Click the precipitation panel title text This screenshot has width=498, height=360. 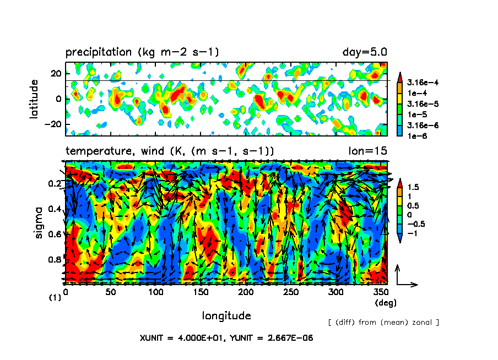tap(142, 52)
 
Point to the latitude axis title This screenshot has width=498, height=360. tap(34, 99)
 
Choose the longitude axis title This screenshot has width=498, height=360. tap(226, 315)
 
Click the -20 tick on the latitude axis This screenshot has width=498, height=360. tap(55, 124)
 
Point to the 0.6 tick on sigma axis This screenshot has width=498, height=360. tap(55, 234)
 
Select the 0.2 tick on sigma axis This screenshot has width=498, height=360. tap(55, 183)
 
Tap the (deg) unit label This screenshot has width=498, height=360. tap(385, 303)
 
